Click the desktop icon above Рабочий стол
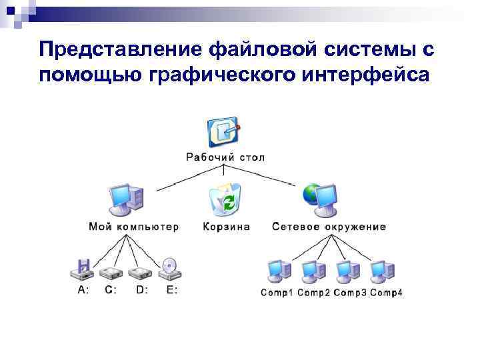pos(223,133)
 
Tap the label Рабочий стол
pos(225,158)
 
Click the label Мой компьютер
pos(133,227)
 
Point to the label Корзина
pos(227,227)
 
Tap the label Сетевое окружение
pos(329,227)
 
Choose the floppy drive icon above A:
pos(83,269)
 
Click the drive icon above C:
pos(109,272)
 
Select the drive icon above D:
pos(140,272)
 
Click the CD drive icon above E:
pos(169,269)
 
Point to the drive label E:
pos(171,290)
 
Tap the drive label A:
pos(83,290)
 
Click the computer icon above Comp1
pos(278,270)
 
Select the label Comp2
pos(313,293)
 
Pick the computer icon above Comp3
pos(347,270)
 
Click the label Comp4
pos(386,293)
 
